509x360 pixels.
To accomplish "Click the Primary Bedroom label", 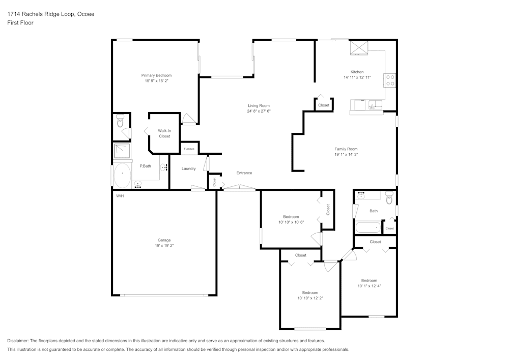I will tap(156, 75).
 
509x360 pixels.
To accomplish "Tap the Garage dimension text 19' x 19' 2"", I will tap(164, 246).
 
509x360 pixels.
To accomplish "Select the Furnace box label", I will tap(189, 149).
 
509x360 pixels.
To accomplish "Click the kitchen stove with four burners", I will tap(390, 80).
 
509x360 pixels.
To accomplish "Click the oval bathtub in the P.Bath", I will tap(122, 176).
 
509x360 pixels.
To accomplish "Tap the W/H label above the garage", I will tap(120, 196).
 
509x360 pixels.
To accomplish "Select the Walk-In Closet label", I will tap(164, 133).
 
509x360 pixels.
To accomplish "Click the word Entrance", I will tap(244, 173).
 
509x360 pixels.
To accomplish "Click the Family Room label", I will tap(346, 149).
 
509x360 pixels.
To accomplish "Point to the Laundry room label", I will tap(188, 169).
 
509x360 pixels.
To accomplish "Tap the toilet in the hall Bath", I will tap(389, 198).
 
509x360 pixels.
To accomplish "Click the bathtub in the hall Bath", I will tap(367, 227).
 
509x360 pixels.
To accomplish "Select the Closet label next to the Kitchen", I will tap(324, 105).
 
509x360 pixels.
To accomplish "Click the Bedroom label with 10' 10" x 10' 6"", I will tap(291, 216).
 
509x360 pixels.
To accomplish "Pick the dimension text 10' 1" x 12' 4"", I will tap(369, 286).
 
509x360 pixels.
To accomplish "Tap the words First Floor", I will tap(20, 23).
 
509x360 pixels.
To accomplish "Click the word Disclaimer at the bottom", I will tap(18, 341).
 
